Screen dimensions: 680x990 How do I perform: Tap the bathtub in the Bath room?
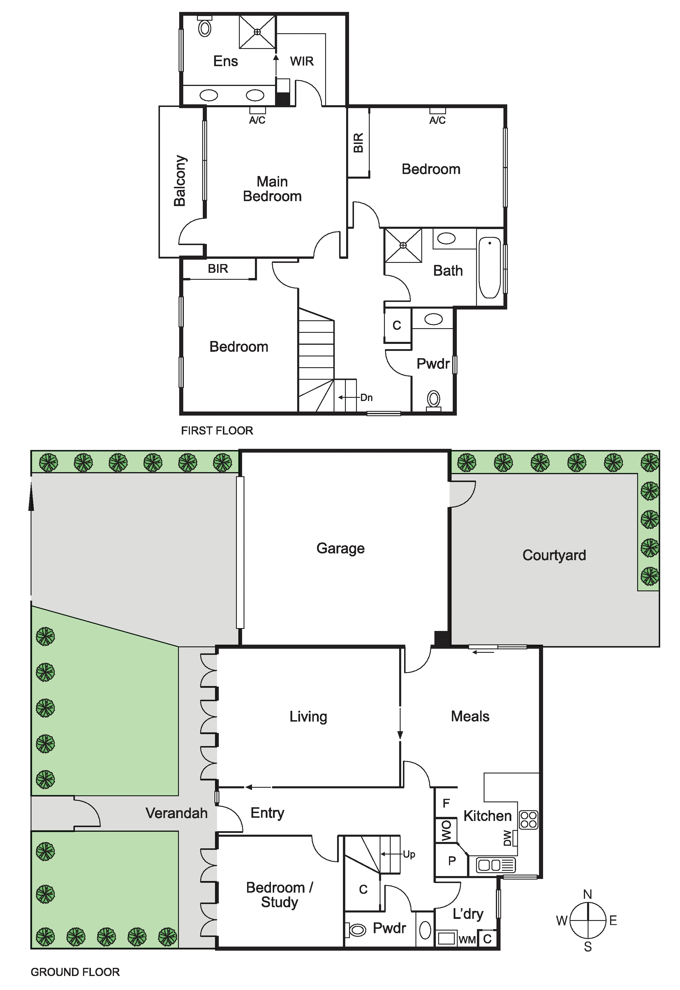coord(489,268)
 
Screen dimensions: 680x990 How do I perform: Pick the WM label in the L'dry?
coord(467,940)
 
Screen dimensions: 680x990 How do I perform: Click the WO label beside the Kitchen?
coord(446,831)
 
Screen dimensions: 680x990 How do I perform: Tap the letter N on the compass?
coord(588,894)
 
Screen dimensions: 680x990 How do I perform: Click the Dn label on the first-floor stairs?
coord(367,398)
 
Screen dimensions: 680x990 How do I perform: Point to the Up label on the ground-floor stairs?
coord(409,854)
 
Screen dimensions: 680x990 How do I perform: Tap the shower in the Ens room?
coord(257,32)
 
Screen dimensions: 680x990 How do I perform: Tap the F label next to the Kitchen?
coord(446,803)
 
